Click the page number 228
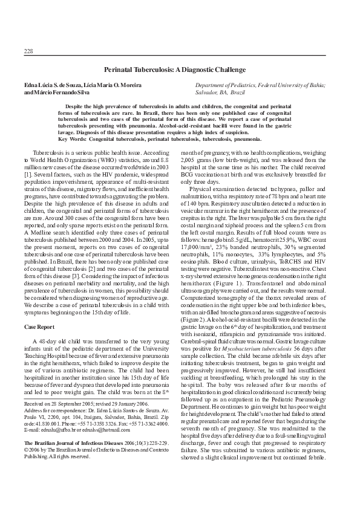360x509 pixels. click(x=28, y=50)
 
